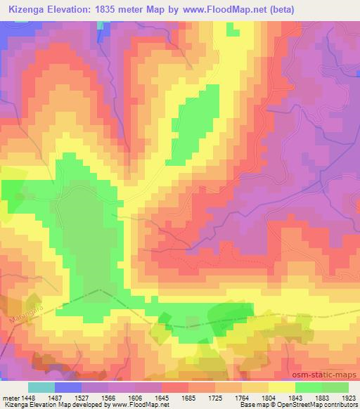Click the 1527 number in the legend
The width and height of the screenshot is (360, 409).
[82, 398]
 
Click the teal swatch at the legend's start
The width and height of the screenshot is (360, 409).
[41, 387]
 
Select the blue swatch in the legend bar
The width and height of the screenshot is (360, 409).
[68, 387]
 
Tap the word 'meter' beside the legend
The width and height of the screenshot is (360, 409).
[10, 398]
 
